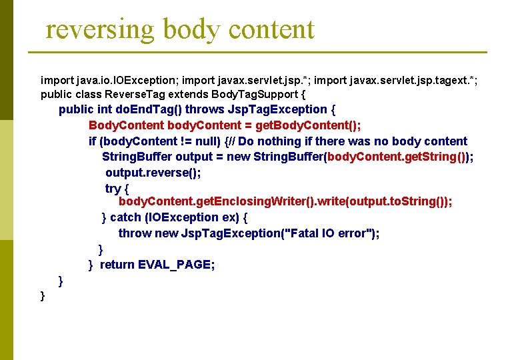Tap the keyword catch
pos(125,217)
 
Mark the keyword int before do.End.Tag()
pos(105,109)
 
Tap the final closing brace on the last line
pos(43,295)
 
